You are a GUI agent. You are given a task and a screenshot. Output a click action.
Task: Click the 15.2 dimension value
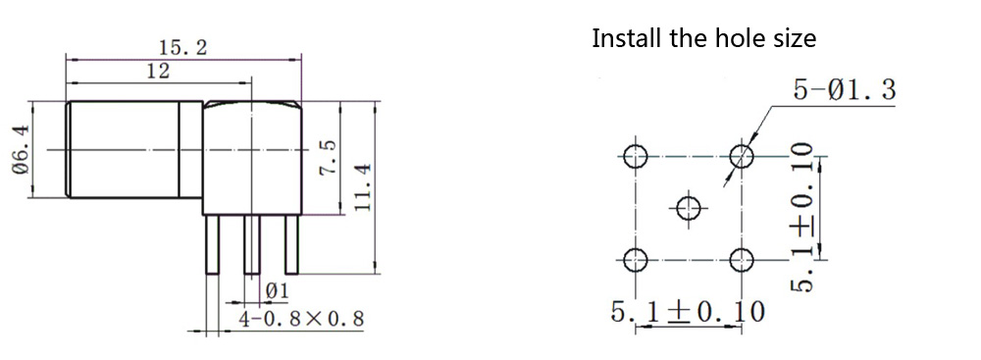[182, 48]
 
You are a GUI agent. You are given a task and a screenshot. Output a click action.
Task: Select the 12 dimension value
[158, 72]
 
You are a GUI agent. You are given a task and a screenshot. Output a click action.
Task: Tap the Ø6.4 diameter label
[21, 150]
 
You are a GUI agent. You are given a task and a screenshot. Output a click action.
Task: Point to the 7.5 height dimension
[329, 157]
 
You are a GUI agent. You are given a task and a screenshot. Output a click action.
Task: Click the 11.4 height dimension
[363, 187]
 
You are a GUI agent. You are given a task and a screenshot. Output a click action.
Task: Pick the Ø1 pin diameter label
[278, 291]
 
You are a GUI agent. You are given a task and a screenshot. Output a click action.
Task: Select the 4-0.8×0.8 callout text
[301, 320]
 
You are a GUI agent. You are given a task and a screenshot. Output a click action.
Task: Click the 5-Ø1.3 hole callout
[845, 91]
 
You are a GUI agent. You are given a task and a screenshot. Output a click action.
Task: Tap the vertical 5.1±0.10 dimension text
[801, 217]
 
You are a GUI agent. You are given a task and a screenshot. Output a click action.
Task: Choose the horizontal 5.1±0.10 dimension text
[688, 311]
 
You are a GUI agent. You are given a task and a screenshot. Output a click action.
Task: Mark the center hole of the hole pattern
[689, 208]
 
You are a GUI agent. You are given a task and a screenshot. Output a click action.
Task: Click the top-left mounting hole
[636, 156]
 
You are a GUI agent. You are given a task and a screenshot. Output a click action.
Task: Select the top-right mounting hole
[742, 156]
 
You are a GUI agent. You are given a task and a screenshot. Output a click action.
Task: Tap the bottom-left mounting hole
[636, 259]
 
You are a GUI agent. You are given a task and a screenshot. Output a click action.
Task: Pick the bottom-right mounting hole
[742, 259]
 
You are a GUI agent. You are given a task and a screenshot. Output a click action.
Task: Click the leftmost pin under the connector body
[213, 245]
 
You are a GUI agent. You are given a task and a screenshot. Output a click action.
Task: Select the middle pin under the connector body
[252, 245]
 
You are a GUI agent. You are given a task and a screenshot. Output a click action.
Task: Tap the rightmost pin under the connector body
[291, 245]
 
